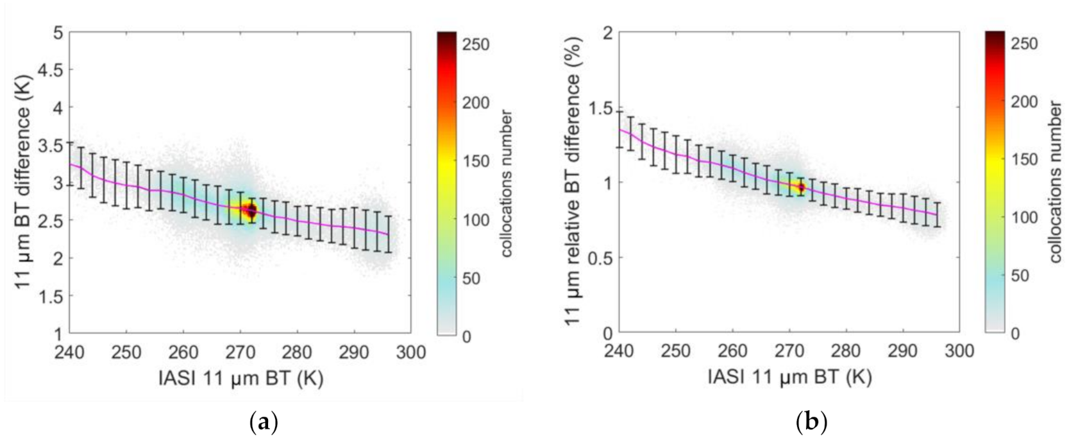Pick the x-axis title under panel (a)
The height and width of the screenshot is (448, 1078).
point(240,378)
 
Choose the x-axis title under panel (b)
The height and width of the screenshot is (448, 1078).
point(789,378)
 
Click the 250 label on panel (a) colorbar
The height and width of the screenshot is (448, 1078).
point(476,44)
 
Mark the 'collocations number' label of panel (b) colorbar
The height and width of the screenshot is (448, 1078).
point(1056,182)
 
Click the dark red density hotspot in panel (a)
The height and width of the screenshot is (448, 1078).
point(251,210)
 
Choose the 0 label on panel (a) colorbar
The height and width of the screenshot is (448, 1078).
point(466,336)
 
